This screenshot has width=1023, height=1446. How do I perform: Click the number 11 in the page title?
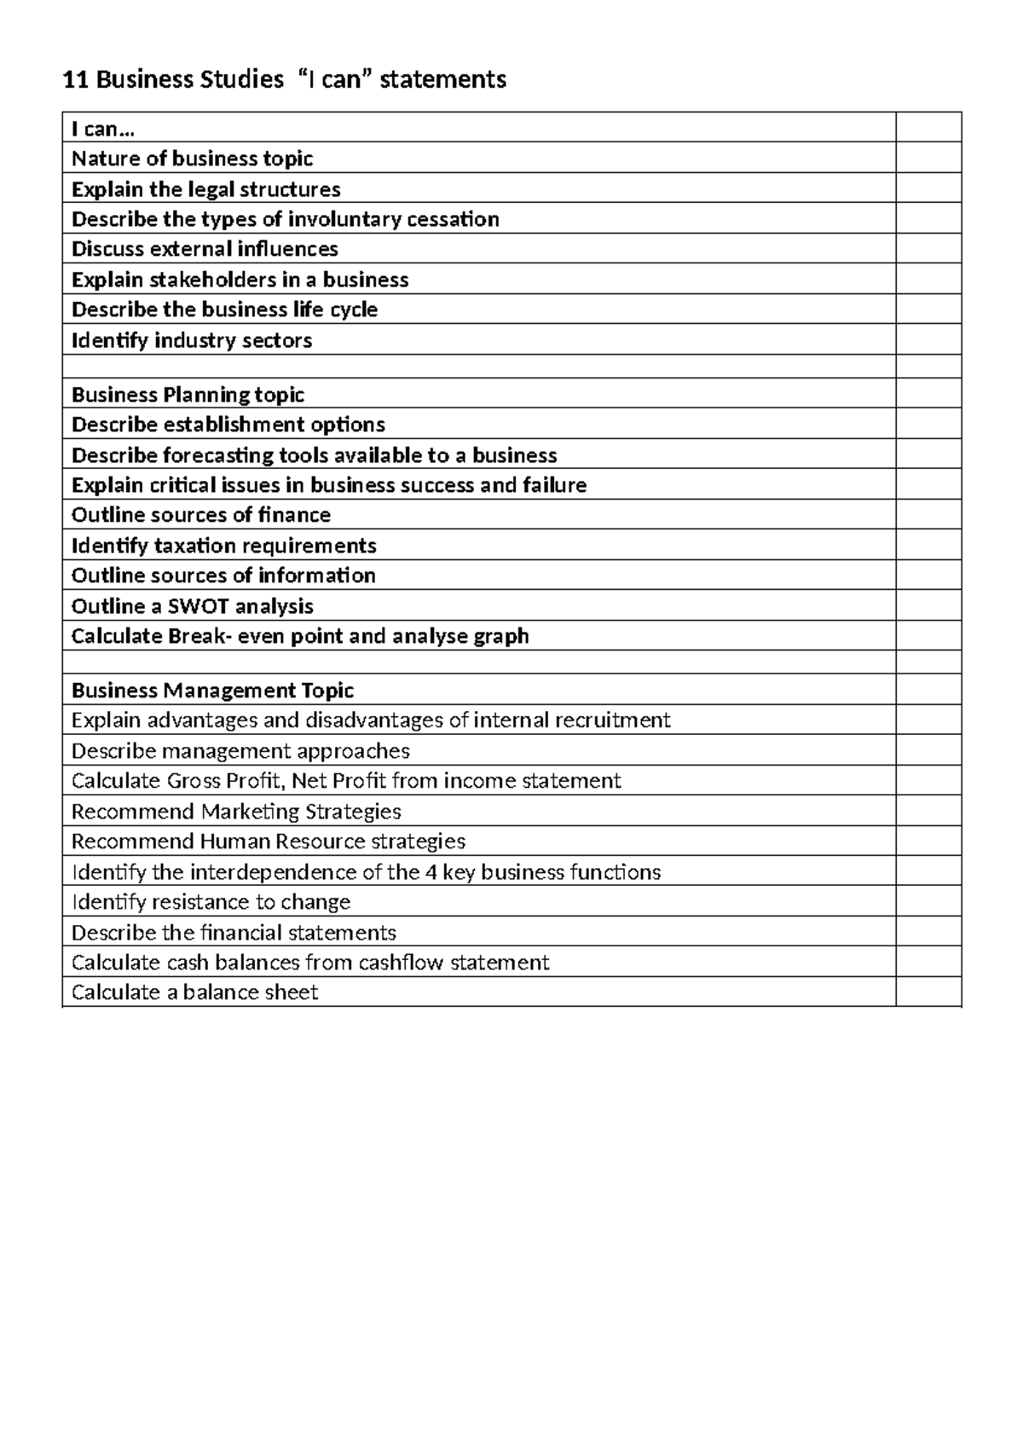click(76, 80)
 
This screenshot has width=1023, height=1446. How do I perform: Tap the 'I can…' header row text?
click(103, 129)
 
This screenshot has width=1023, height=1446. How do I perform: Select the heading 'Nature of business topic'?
click(192, 159)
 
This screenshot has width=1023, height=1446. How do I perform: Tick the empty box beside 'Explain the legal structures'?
click(928, 188)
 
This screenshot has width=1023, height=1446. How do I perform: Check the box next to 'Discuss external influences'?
click(928, 249)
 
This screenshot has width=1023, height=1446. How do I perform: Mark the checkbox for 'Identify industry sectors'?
click(928, 340)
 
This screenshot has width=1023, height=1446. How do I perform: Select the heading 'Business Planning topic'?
click(188, 394)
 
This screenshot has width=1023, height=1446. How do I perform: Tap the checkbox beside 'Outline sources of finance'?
click(928, 515)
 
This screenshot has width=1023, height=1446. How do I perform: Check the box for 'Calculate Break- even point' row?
click(928, 636)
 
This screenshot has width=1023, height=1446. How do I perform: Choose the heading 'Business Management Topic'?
click(212, 690)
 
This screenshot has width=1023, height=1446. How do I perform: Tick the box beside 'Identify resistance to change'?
click(928, 902)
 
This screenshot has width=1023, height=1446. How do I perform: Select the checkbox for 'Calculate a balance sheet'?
click(928, 992)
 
